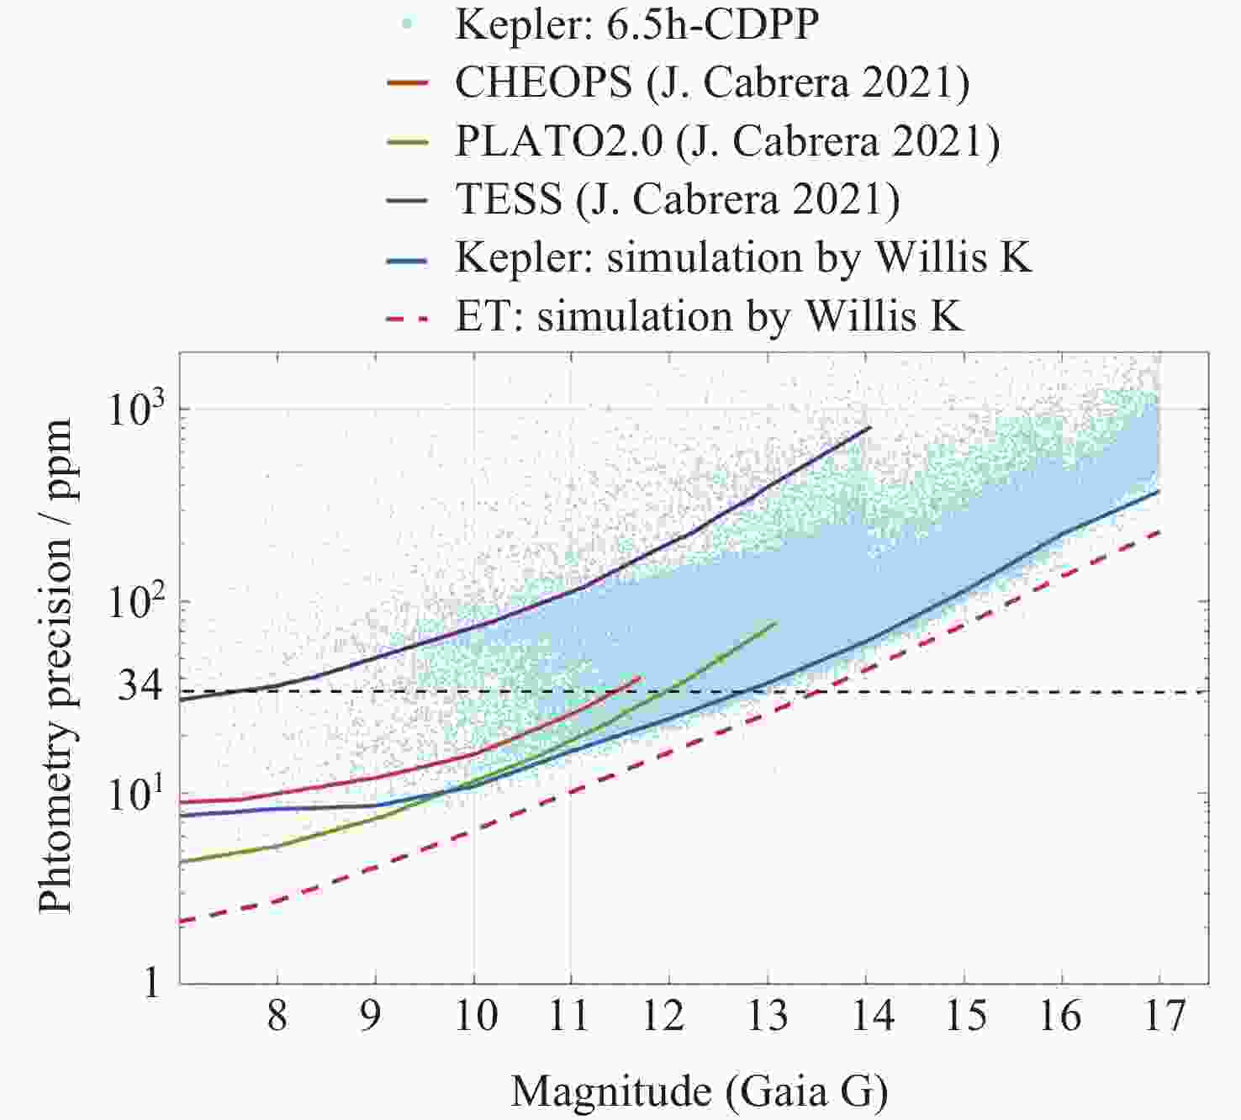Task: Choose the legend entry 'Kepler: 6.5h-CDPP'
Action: (x=636, y=24)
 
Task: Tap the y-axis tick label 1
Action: (x=152, y=981)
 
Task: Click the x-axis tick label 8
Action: (x=277, y=1016)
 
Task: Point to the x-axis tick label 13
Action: (x=767, y=1016)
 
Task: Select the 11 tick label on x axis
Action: (x=570, y=1016)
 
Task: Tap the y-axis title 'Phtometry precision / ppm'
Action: (x=56, y=666)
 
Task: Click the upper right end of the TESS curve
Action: (x=870, y=427)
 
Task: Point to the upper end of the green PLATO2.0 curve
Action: (x=775, y=623)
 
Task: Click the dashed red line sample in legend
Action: (x=408, y=318)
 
